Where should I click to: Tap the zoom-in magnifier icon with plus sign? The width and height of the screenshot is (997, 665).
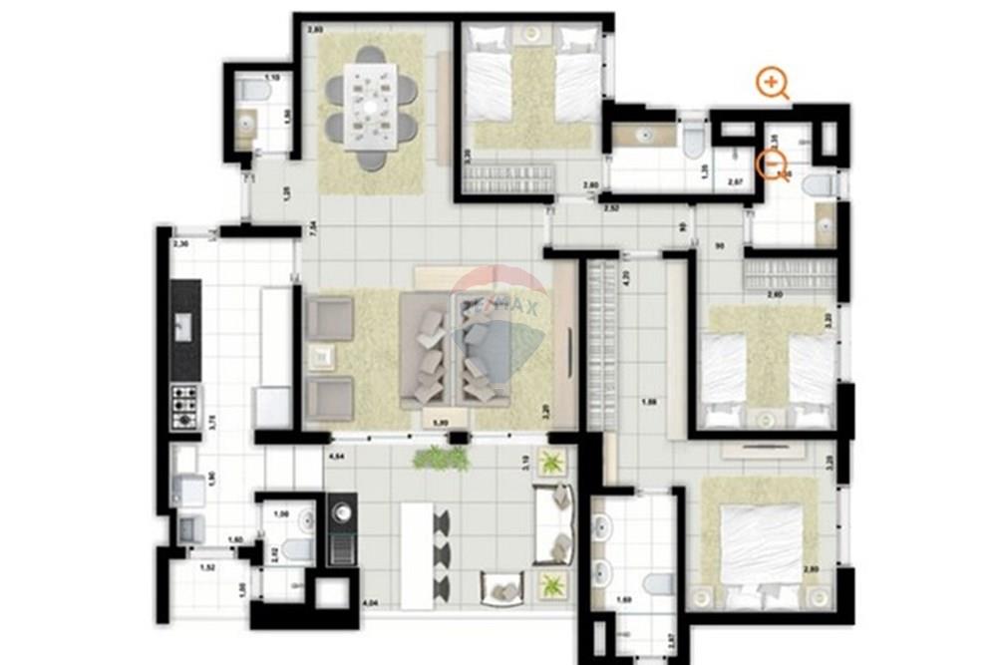771,83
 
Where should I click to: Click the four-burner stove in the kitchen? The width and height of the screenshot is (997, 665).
184,407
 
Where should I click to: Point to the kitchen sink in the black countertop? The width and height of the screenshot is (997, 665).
184,325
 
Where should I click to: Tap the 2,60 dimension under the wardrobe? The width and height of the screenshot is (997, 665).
774,295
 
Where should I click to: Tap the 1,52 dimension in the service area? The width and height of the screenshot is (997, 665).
207,568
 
